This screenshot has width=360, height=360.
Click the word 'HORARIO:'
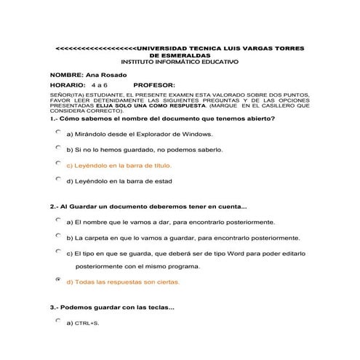click(69, 85)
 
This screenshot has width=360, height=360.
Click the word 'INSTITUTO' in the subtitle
click(144, 62)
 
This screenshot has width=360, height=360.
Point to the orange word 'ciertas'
click(165, 281)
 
